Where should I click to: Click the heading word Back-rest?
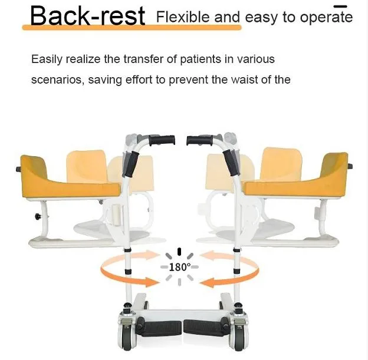tap(87, 16)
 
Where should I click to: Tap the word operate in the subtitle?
tap(321, 17)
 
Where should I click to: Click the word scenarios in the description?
tap(56, 80)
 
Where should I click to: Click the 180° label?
tap(179, 267)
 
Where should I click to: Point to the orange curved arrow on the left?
tap(123, 272)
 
